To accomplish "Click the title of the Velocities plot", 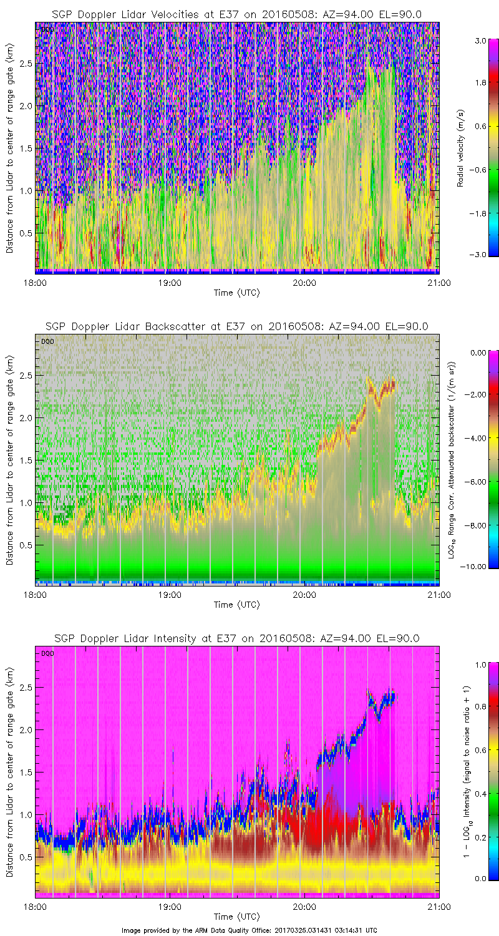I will coord(236,14).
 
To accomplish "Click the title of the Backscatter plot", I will coord(236,326).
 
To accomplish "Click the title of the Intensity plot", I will coord(236,638).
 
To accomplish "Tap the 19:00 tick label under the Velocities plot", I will coord(169,282).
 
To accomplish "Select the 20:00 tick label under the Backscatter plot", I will coord(304,594).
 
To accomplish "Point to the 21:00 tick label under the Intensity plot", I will coord(439,906).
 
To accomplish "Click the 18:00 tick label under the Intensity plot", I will coord(35,906).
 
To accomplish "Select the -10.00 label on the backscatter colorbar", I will coord(477,567).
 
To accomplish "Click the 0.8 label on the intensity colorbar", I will coord(479,707).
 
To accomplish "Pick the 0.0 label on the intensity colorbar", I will coord(479,879).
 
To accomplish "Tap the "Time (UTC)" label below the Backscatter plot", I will coord(236,605).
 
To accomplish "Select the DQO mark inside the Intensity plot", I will coord(46,653).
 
